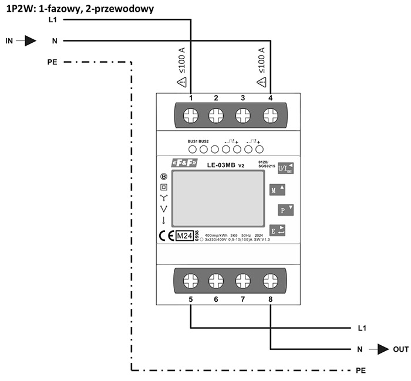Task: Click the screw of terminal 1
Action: pos(190,115)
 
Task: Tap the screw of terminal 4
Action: pos(270,115)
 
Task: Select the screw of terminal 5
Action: pos(190,280)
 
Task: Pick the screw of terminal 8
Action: pos(270,280)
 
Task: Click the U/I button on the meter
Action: pos(285,167)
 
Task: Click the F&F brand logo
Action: pos(184,162)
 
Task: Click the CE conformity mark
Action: pos(166,236)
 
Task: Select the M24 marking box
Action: pos(184,236)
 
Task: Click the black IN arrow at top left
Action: pos(29,41)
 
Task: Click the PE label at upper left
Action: pos(52,62)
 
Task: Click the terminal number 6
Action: pos(217,300)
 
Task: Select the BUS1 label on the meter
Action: pos(193,142)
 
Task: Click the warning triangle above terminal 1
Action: pos(182,81)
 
